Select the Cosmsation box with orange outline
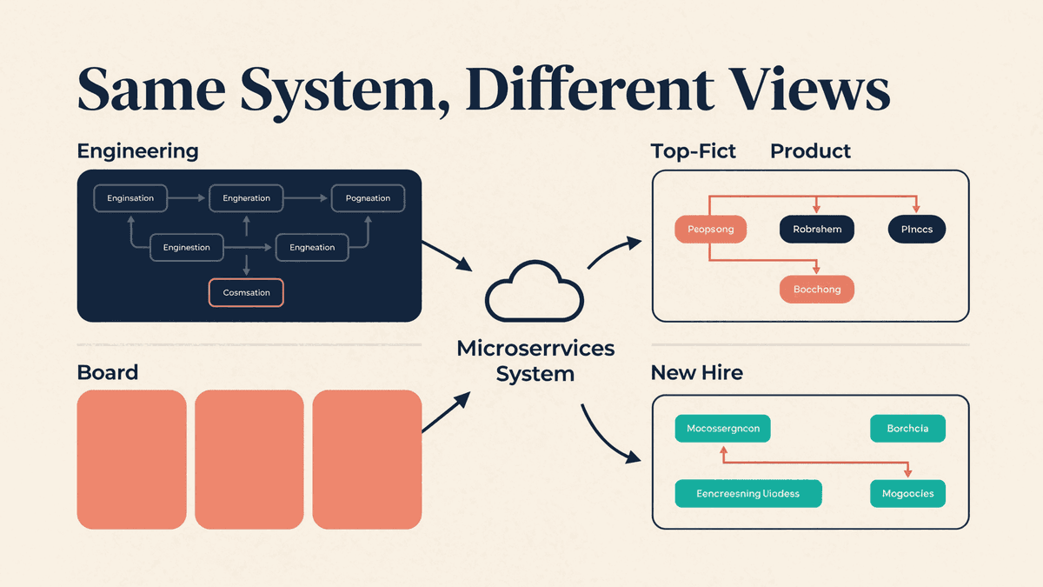(246, 292)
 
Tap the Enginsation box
(130, 198)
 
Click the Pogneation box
(368, 198)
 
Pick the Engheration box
(246, 198)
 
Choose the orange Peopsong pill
(711, 230)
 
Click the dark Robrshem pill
(817, 230)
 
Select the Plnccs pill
(917, 230)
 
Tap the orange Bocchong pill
(817, 290)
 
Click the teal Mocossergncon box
(722, 428)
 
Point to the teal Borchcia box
(908, 428)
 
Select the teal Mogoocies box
(908, 493)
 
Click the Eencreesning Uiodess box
(748, 493)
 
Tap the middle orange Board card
(249, 459)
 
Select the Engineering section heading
(138, 152)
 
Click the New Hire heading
(696, 373)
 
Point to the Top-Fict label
(694, 151)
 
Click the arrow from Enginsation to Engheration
(186, 198)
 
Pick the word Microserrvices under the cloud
(535, 349)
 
